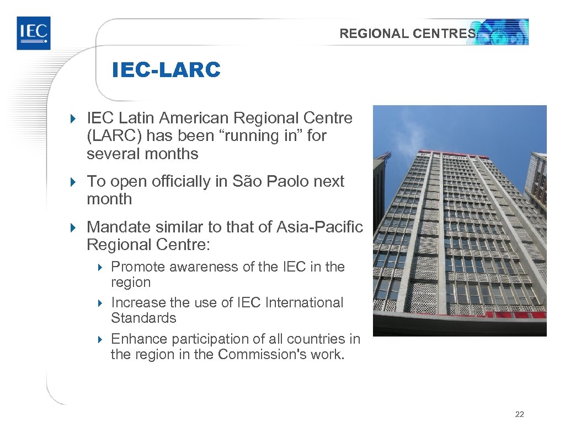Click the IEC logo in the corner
coord(33,33)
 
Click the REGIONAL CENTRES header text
coord(407,34)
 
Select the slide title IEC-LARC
coord(166,70)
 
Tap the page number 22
coord(519,414)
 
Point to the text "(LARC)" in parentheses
coord(114,136)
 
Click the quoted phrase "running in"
coord(262,136)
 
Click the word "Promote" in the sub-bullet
coord(138,267)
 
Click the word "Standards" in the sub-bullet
coord(143,318)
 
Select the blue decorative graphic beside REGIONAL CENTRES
coord(503,32)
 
